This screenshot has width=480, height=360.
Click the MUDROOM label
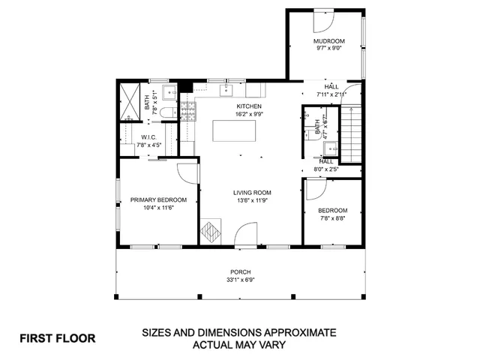coord(328,40)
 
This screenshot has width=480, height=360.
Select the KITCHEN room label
coord(248,106)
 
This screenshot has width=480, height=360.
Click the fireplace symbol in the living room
coord(211,231)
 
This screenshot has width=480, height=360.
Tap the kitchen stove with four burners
coord(186,112)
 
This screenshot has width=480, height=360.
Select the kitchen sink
coord(226,91)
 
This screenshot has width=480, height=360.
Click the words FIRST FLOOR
coord(58,338)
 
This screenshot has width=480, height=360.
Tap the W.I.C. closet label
coord(147,137)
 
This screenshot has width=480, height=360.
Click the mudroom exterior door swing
coord(323,19)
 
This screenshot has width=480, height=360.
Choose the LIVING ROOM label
coord(251,192)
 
